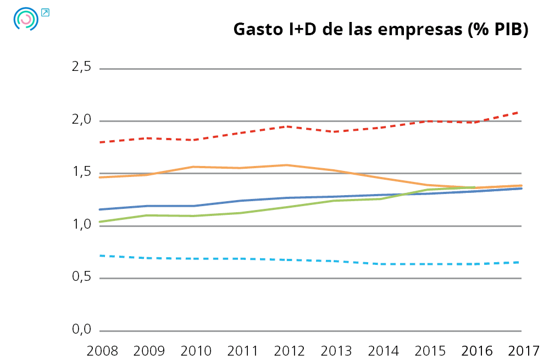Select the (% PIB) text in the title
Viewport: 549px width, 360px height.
coord(498,30)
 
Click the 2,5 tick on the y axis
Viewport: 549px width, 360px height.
coord(81,68)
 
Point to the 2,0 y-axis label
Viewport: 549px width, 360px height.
coord(81,120)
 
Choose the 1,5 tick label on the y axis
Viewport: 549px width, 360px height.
coord(81,173)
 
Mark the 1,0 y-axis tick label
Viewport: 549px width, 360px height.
coord(81,225)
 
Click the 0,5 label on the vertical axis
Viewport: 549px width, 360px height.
coord(81,278)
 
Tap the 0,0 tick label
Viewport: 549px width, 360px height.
coord(81,330)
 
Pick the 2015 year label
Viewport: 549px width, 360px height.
coord(427,350)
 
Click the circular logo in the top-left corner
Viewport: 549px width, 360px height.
coord(25,19)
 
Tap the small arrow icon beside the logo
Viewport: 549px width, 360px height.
coord(45,12)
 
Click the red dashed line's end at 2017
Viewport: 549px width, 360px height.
coord(520,112)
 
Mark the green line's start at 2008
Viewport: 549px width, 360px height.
coord(100,221)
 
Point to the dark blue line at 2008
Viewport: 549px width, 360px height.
coord(100,209)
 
